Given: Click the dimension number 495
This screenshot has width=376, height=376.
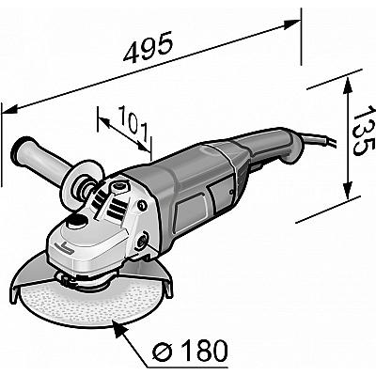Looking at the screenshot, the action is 148,47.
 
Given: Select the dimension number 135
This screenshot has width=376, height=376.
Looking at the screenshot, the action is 364,130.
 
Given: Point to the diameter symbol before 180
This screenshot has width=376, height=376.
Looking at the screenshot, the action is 164,351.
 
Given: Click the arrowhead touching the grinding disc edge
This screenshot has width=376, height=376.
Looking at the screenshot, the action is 119,328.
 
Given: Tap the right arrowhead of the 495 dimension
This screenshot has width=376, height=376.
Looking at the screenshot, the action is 292,24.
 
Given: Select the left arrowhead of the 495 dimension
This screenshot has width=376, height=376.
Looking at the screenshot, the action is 9,109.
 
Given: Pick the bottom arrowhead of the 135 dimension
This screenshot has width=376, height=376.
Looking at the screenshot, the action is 347,190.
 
